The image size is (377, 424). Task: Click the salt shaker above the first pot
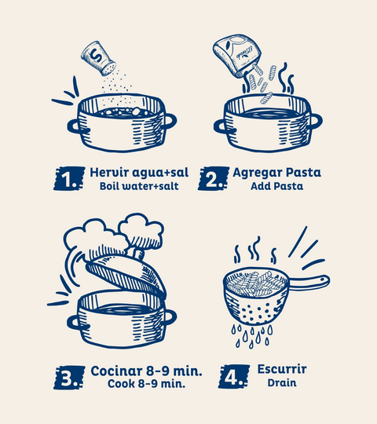(x=98, y=58)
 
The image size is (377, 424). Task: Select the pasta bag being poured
(x=237, y=56)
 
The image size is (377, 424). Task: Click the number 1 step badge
(x=69, y=178)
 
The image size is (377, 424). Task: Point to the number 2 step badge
(x=214, y=178)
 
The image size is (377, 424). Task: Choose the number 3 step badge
(x=69, y=378)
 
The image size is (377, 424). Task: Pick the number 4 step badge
(x=234, y=377)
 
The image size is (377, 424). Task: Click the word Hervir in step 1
(x=109, y=173)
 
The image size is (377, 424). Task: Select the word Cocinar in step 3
(x=116, y=371)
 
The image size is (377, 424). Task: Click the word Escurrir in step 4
(x=282, y=369)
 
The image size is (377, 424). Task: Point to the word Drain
(x=282, y=382)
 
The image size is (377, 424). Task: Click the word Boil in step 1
(x=109, y=186)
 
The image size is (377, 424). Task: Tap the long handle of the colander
(x=309, y=283)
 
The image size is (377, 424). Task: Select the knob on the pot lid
(x=138, y=254)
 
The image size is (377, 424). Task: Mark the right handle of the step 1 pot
(x=170, y=121)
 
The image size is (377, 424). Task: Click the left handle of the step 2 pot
(x=221, y=126)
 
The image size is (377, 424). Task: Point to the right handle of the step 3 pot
(x=170, y=317)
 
